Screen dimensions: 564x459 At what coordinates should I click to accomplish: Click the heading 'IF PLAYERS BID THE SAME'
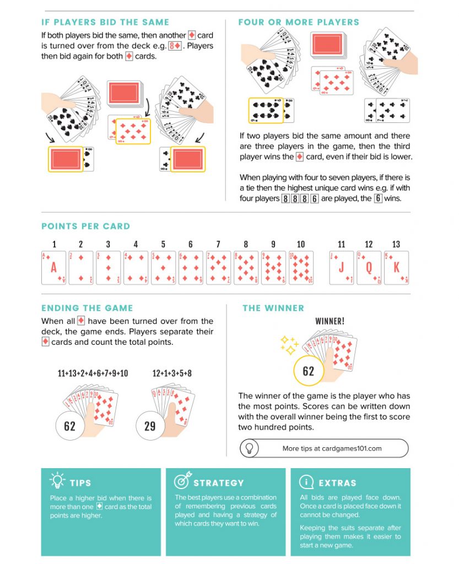[105, 23]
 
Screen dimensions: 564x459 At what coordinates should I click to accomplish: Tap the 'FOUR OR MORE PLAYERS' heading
[299, 23]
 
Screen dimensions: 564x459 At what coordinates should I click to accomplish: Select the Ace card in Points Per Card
[53, 268]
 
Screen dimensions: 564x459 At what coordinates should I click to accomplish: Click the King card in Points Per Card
[396, 268]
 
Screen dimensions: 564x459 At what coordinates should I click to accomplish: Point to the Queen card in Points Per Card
[369, 268]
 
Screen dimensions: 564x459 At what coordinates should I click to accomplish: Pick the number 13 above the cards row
[396, 245]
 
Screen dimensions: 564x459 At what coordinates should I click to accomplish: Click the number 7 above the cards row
[218, 245]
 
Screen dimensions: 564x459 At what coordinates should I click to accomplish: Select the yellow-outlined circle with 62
[308, 371]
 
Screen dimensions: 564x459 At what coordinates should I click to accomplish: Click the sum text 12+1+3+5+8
[172, 373]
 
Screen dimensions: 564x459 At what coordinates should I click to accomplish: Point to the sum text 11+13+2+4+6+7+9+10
[93, 373]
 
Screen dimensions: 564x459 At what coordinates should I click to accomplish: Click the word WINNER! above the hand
[330, 321]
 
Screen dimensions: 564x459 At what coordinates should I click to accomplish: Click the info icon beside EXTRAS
[306, 482]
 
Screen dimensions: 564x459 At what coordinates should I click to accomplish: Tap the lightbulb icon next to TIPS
[57, 481]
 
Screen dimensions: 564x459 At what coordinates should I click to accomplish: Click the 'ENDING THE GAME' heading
[87, 308]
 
